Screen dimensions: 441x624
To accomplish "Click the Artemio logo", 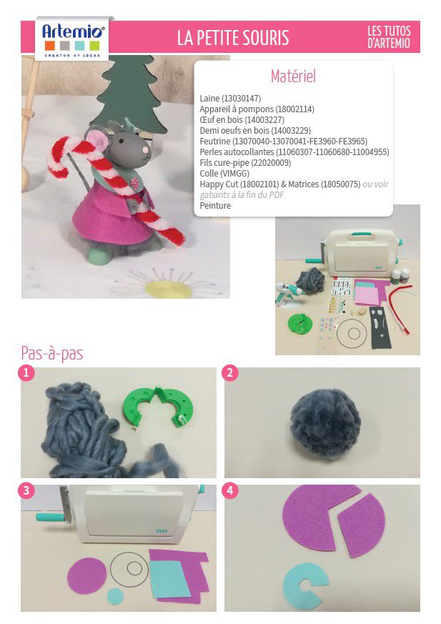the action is tap(72, 38).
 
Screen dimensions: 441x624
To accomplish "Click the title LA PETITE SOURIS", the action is tap(233, 37).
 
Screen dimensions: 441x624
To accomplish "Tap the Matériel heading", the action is tap(293, 76).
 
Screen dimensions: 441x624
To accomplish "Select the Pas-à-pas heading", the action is tap(52, 353).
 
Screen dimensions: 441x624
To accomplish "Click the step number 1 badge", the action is tap(26, 373).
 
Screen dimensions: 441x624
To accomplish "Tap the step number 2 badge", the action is tap(230, 373).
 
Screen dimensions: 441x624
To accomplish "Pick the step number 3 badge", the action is tap(26, 490).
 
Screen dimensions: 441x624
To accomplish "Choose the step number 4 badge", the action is tap(230, 490).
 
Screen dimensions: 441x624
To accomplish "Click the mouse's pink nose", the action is tap(146, 149).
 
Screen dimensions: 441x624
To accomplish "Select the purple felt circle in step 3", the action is tap(86, 575).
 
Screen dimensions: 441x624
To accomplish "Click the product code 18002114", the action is tap(294, 109).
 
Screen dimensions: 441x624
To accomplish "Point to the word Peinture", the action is tap(215, 206).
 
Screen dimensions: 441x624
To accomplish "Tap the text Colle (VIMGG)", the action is tap(224, 174).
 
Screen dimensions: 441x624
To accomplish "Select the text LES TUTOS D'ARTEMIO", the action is tap(388, 36).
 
